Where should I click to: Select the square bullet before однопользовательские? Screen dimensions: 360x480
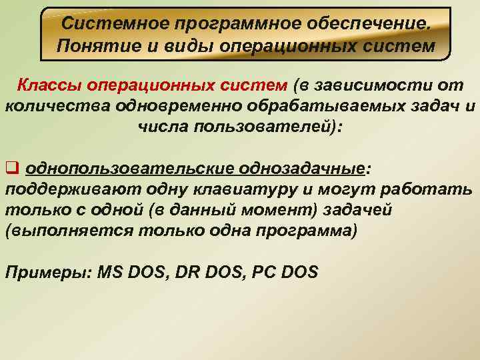pyautogui.click(x=11, y=167)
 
